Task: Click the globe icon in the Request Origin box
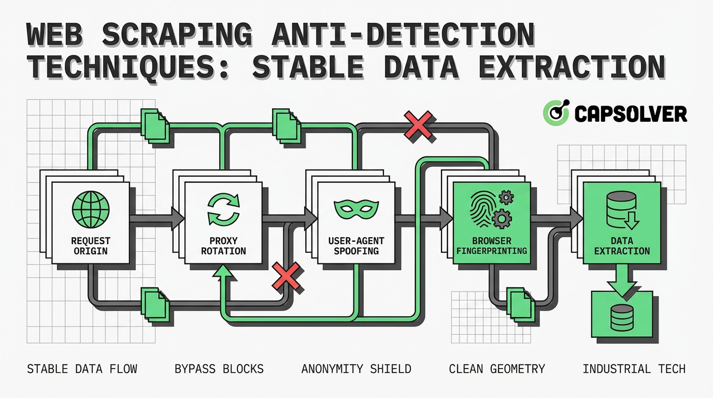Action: click(91, 209)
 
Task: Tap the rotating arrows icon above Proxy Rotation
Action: click(223, 209)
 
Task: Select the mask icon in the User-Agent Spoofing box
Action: click(356, 209)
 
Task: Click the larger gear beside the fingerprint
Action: click(502, 219)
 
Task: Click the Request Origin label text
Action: click(91, 246)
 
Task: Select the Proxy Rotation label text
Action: click(223, 246)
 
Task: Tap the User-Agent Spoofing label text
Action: click(356, 246)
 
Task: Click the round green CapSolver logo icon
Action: click(556, 113)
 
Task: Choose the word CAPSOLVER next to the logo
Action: click(630, 113)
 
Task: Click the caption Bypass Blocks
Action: click(219, 369)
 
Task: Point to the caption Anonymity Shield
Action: click(356, 369)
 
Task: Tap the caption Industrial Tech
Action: click(634, 369)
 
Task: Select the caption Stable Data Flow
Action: click(82, 369)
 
